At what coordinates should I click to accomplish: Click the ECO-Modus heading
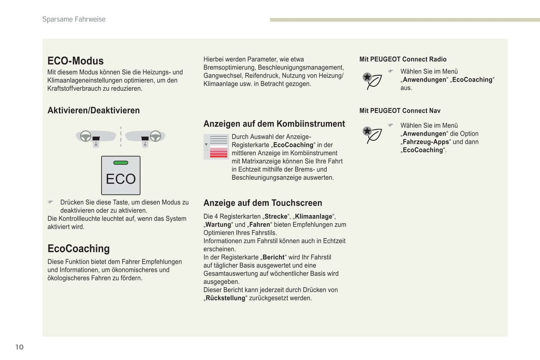75,61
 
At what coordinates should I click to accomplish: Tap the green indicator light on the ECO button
121,163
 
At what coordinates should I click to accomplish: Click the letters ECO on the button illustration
121,179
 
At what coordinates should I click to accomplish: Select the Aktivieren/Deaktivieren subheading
93,111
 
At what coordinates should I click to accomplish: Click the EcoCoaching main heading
78,249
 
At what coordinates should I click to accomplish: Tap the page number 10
19,347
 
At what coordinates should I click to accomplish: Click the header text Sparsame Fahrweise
74,19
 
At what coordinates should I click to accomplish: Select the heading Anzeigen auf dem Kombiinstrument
274,124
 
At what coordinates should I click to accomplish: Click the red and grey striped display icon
216,147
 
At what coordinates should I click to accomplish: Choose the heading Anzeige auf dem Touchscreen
263,203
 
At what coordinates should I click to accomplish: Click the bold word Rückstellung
225,298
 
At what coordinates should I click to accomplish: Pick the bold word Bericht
274,257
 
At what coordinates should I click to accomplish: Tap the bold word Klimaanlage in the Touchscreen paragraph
314,217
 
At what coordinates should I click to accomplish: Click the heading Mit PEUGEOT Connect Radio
403,59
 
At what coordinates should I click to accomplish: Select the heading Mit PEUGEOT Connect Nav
400,111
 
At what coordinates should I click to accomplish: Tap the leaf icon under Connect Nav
372,135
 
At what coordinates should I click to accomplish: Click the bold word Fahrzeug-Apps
426,142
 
